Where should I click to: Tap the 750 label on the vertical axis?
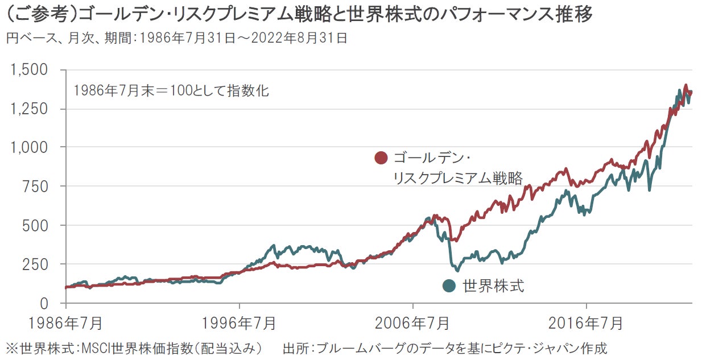click(x=40, y=187)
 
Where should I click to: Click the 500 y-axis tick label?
click(x=40, y=225)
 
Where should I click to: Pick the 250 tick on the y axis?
click(x=40, y=264)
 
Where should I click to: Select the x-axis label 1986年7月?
click(x=66, y=323)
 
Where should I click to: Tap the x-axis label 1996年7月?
click(x=239, y=323)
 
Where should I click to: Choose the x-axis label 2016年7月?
click(x=587, y=323)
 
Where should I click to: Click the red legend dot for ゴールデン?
click(x=381, y=158)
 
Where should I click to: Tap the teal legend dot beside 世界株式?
click(x=449, y=286)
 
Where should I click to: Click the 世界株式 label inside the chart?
click(x=493, y=286)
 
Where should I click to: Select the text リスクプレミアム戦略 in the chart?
click(x=457, y=178)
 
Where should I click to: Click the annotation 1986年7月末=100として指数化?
click(x=171, y=90)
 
